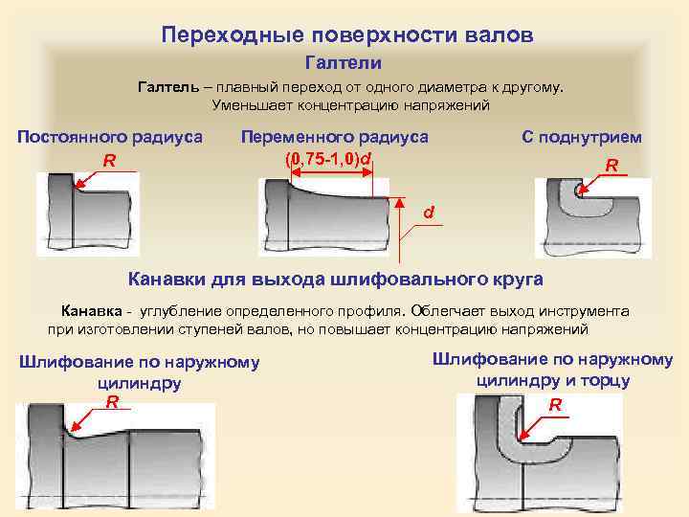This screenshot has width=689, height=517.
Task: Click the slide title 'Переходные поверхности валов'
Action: [x=346, y=35]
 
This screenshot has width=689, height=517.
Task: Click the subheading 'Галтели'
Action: [x=344, y=63]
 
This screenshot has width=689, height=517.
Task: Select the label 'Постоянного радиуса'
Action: [x=110, y=137]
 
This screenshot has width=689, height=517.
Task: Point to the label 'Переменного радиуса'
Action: [x=334, y=137]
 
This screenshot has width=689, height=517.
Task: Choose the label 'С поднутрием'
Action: [x=581, y=137]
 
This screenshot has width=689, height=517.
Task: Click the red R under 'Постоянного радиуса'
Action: [x=110, y=161]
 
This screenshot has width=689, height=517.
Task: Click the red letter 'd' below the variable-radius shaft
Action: [x=429, y=211]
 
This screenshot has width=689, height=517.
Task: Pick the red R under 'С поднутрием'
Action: [x=611, y=167]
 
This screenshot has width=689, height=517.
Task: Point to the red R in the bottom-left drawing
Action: [x=112, y=402]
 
